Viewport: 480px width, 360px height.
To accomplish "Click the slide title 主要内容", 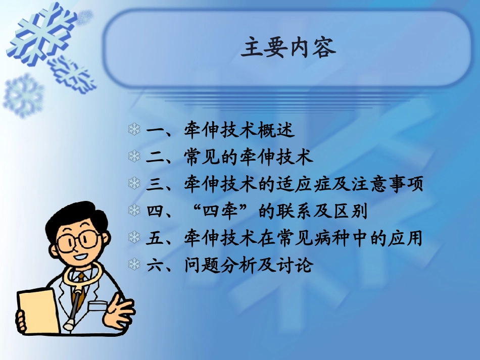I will click(288, 49).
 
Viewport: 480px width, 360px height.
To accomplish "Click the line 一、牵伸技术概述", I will click(220, 130).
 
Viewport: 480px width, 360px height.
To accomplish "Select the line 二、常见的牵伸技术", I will click(230, 157).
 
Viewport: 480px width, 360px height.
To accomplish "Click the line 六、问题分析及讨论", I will click(230, 265).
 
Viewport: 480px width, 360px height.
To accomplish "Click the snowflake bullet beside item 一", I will click(134, 130).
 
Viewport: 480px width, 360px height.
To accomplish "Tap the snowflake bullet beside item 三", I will click(134, 184).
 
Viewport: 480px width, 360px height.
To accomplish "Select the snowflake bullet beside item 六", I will click(134, 265).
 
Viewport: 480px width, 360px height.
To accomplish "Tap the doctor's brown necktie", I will click(79, 288).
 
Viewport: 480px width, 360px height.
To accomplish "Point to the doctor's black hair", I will click(76, 217).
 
